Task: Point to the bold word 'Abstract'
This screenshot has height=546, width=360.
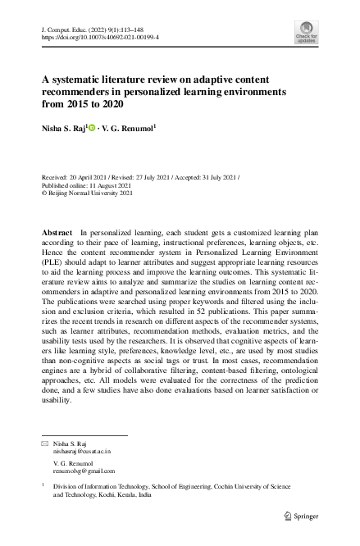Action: [x=57, y=234]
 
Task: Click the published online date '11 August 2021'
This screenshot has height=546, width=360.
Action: [x=119, y=186]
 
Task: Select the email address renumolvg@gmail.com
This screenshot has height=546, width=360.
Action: [x=84, y=471]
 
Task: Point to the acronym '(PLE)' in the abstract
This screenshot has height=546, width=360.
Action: [x=54, y=276]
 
